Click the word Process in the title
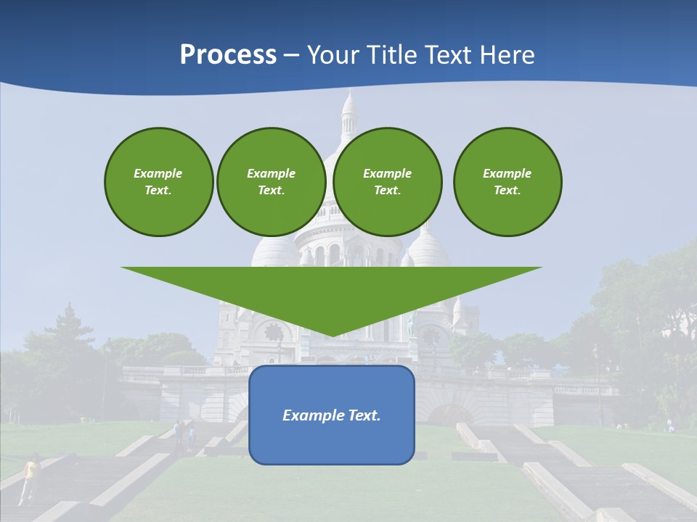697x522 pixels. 228,55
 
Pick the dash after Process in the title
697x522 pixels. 291,56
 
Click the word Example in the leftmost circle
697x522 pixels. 158,173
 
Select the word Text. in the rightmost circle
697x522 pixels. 508,190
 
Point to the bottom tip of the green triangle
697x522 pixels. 331,334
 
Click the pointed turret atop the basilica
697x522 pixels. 349,109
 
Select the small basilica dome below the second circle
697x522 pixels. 274,250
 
